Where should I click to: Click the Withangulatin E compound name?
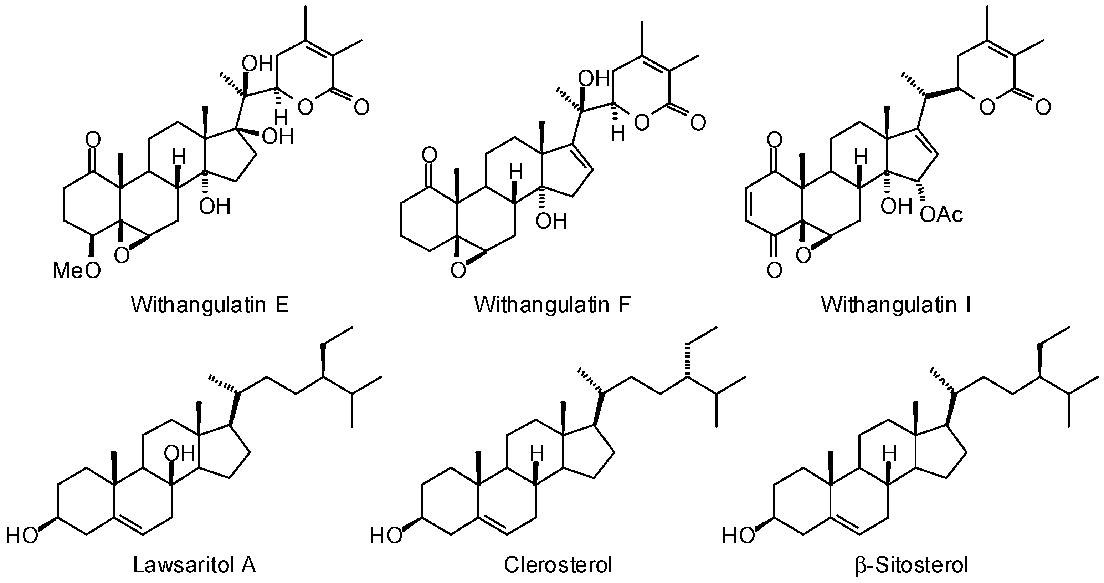[210, 305]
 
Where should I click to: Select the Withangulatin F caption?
[553, 305]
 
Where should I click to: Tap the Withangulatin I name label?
[896, 305]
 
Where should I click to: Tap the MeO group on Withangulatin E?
[77, 271]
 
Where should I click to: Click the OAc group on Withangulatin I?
[941, 215]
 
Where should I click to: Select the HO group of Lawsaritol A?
[21, 536]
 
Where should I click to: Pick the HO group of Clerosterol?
[386, 536]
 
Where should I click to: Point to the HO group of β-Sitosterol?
[738, 536]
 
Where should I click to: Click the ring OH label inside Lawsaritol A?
[180, 453]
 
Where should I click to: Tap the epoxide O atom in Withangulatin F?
[458, 271]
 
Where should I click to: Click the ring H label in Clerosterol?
[536, 453]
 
